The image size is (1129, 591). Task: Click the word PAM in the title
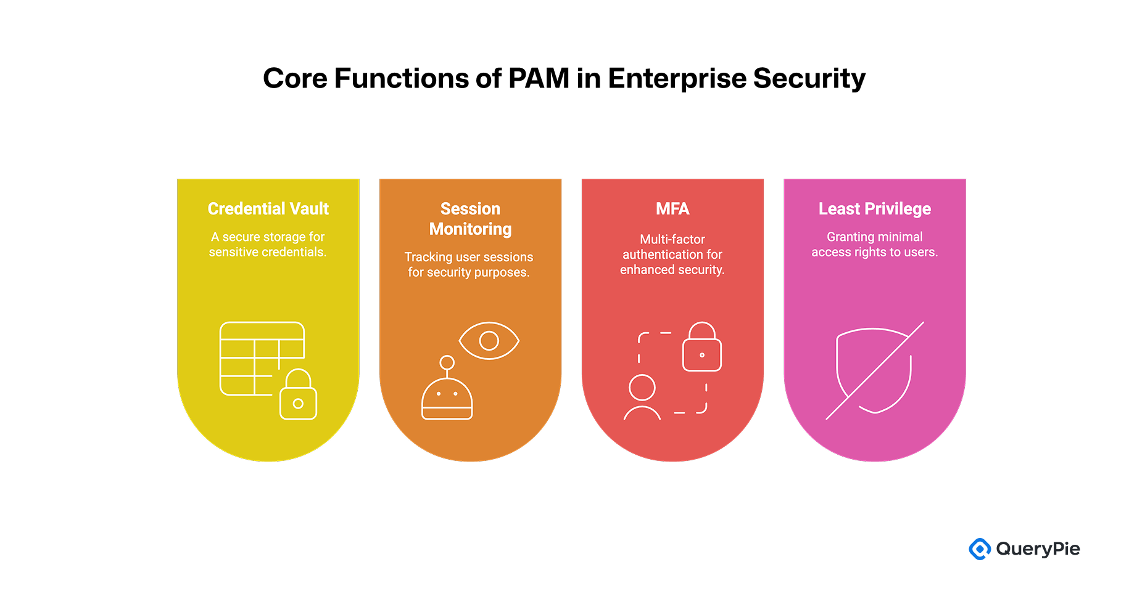click(x=539, y=78)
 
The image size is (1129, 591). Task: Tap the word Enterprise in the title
click(x=677, y=78)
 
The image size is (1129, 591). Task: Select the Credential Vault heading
click(x=268, y=209)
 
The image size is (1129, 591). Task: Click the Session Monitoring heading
click(x=470, y=219)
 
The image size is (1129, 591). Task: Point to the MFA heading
click(x=672, y=209)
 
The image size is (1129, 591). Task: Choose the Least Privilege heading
click(x=874, y=209)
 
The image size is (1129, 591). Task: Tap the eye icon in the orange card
click(x=489, y=340)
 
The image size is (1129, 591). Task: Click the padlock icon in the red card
click(x=701, y=348)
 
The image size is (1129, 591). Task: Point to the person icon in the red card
click(x=642, y=397)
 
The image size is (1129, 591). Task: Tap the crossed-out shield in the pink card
click(x=874, y=370)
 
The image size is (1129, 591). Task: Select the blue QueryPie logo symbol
click(x=979, y=548)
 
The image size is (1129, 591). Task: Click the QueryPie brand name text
click(x=1038, y=548)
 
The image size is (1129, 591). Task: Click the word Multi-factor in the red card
click(x=672, y=239)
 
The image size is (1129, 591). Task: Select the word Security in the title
click(x=809, y=78)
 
